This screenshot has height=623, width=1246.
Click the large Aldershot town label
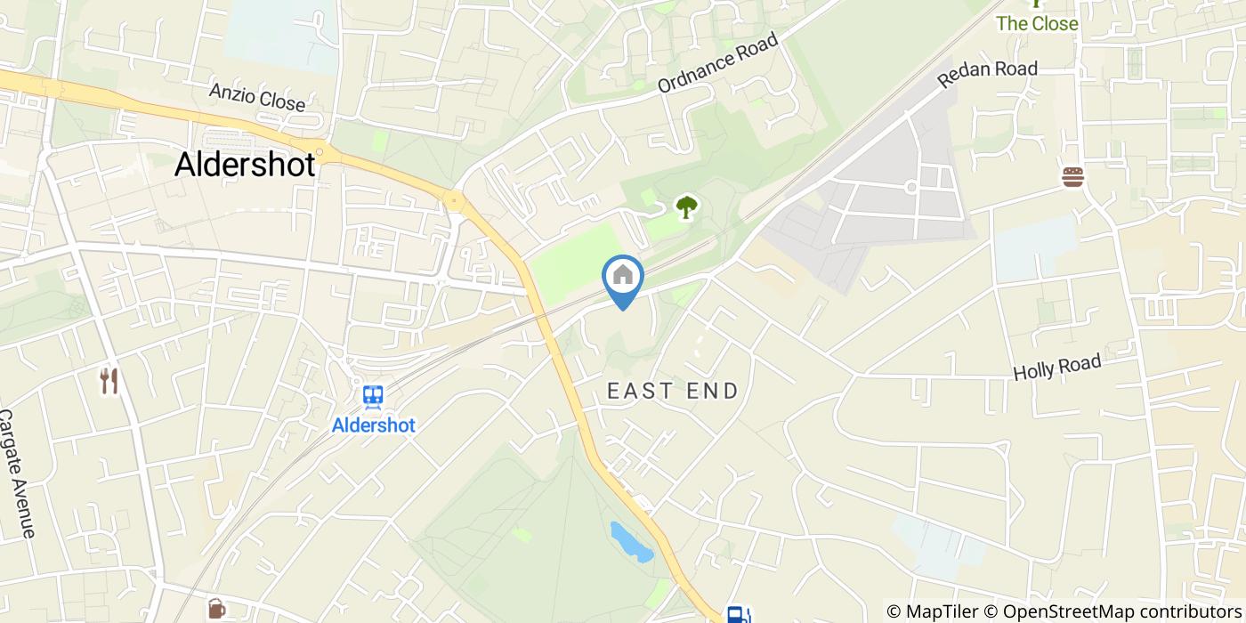coord(245,164)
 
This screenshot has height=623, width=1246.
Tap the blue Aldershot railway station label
coord(373,425)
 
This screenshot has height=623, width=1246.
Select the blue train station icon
coord(373,396)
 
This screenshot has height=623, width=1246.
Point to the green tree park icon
coord(685,207)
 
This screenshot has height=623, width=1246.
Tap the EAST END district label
coord(673,391)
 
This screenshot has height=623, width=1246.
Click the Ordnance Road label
coord(717,62)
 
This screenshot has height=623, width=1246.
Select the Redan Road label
coord(987,73)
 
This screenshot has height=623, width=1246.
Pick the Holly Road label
coord(1057,367)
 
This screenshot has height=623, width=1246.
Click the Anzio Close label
coord(256,97)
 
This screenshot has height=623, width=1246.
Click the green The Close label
coord(1037,24)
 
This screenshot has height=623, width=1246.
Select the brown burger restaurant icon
coord(1073,177)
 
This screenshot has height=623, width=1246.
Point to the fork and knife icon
coord(109,381)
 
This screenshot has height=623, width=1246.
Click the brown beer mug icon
coord(216,609)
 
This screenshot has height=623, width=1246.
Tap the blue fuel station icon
coord(736,614)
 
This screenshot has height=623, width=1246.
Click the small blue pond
coord(630,542)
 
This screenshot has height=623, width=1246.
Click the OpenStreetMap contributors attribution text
coord(1112,611)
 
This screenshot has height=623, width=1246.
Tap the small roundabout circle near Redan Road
coord(911,187)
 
